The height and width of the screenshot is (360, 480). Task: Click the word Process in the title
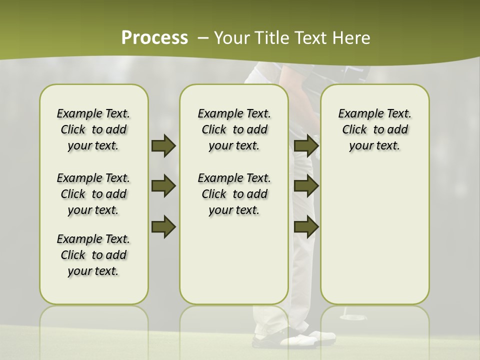[154, 37]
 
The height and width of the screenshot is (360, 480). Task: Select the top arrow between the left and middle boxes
[163, 146]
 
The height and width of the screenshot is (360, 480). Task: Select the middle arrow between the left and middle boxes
[163, 186]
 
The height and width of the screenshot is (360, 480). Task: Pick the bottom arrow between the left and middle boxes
[163, 227]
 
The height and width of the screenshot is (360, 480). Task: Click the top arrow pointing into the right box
[306, 146]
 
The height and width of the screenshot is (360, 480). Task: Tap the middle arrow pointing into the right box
[306, 186]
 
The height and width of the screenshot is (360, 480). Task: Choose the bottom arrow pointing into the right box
[306, 227]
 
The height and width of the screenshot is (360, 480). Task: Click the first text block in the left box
[93, 129]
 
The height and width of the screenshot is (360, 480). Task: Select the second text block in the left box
[93, 194]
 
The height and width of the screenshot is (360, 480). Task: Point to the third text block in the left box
[93, 255]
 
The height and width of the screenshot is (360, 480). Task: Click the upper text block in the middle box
[234, 129]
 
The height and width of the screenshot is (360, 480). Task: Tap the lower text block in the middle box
[234, 194]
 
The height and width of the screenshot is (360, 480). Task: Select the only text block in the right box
[374, 129]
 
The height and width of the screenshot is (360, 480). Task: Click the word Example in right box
[357, 114]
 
